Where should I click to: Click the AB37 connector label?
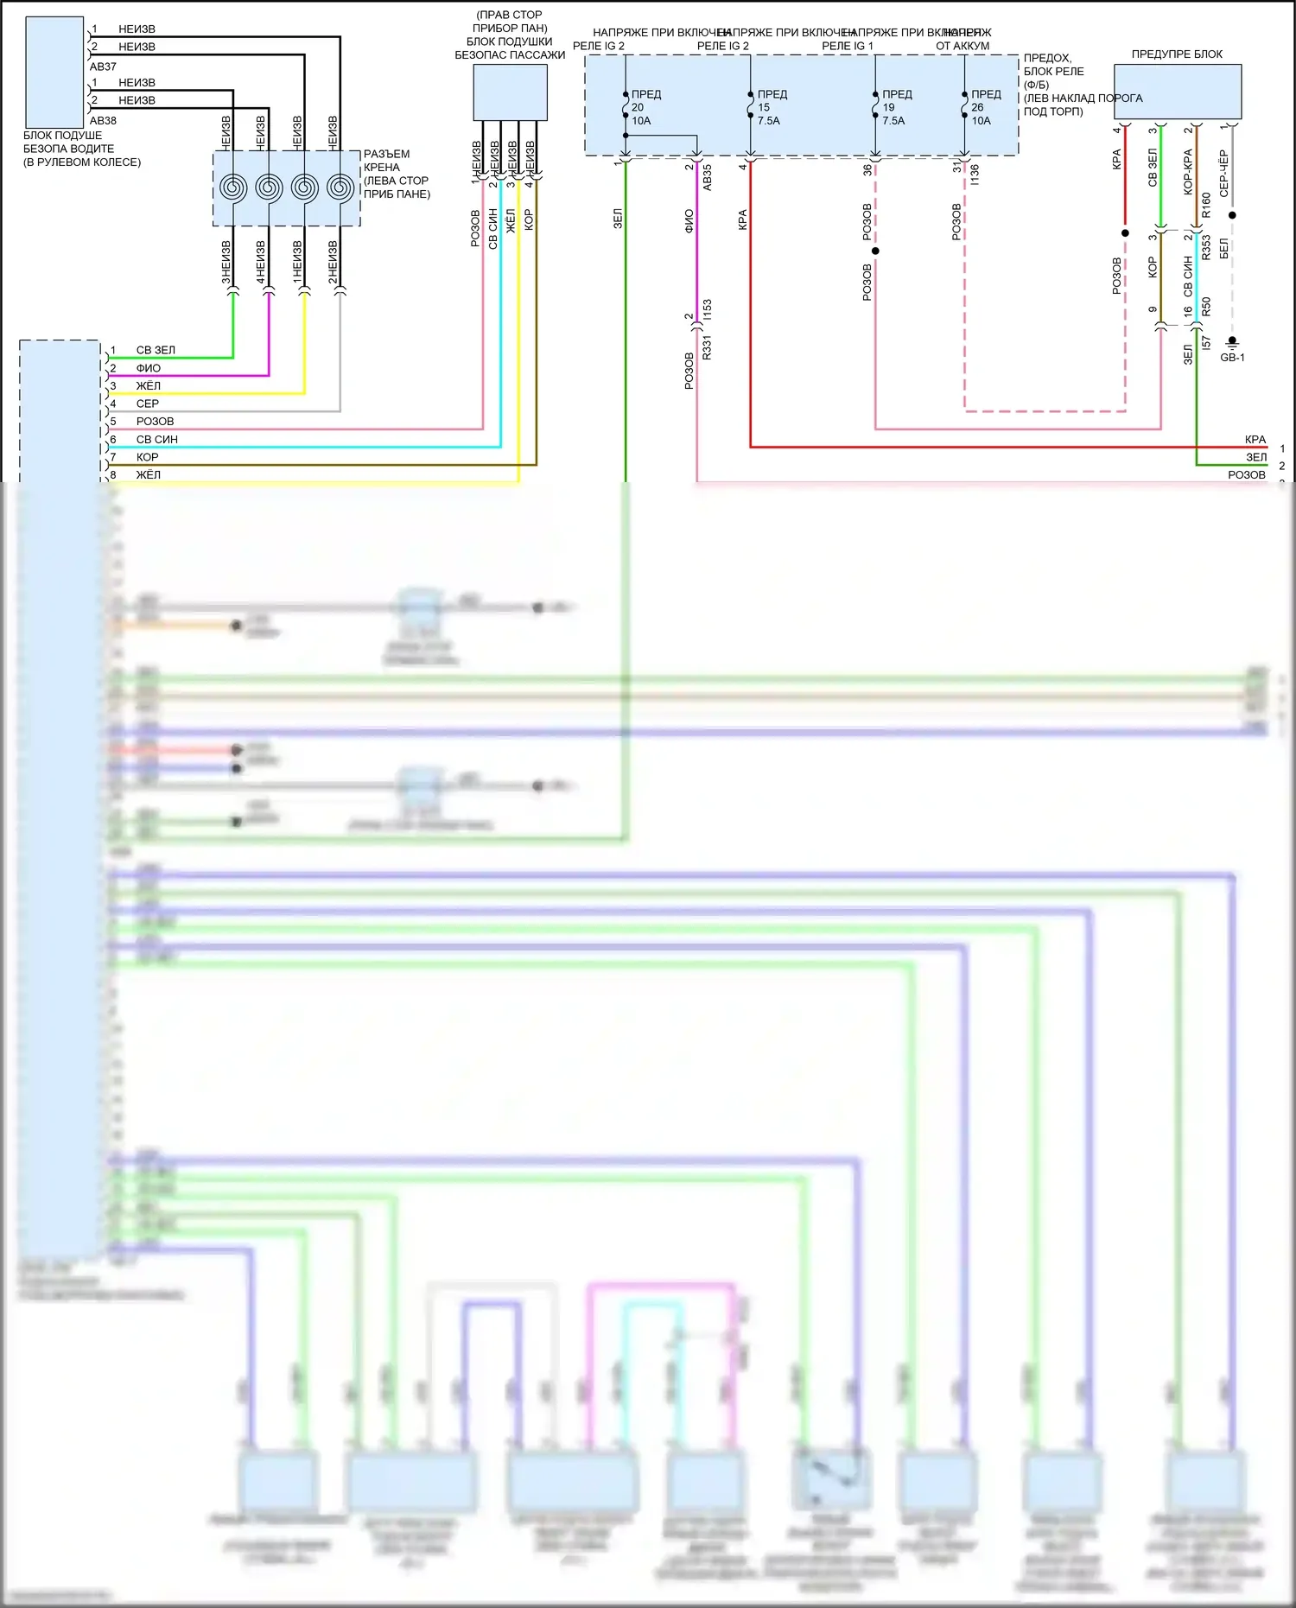tap(103, 67)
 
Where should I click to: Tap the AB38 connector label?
tap(103, 121)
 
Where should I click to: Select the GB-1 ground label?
tap(1232, 358)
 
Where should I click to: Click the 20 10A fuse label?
tap(640, 114)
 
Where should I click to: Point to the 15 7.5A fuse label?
tap(767, 114)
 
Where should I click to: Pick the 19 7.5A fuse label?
tap(893, 114)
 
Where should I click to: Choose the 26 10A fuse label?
tap(981, 114)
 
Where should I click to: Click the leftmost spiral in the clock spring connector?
tap(233, 187)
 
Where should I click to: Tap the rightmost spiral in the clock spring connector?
tap(340, 187)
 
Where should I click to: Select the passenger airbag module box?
tap(510, 92)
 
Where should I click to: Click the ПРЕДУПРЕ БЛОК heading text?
tap(1177, 54)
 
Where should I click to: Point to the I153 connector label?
tap(708, 310)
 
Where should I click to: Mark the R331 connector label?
tap(708, 347)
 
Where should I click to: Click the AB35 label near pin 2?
tap(708, 177)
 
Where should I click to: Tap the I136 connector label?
tap(975, 175)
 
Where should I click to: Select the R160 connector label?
tap(1206, 205)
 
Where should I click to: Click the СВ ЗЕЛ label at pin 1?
tap(156, 350)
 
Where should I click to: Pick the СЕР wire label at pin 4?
tap(148, 404)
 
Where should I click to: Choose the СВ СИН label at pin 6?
tap(157, 439)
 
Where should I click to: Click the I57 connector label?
tap(1206, 343)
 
